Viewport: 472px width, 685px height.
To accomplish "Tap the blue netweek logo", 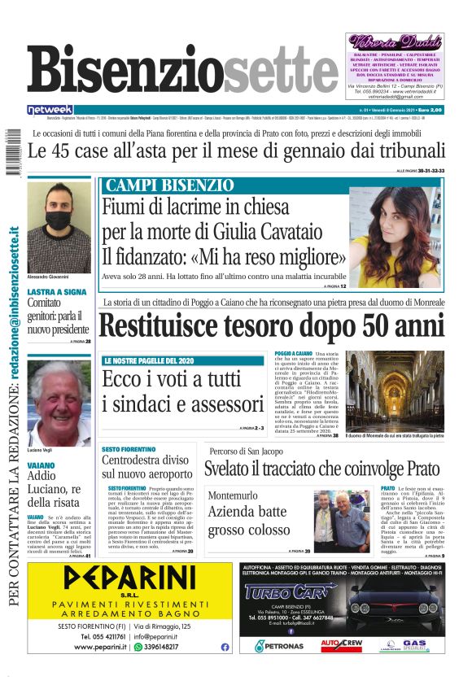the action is point(50,109).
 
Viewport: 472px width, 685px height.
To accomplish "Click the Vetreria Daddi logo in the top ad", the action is point(396,41).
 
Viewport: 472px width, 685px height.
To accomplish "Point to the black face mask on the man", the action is point(58,220).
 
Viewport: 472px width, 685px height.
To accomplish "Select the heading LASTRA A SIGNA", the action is point(56,291).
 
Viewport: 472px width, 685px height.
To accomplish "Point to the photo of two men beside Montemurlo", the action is point(341,520).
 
